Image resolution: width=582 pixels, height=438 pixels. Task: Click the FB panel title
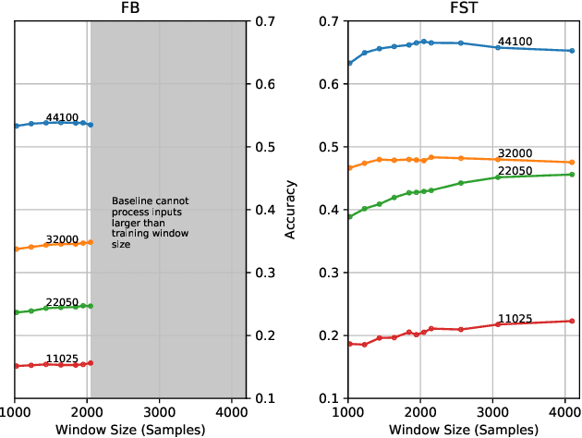point(130,7)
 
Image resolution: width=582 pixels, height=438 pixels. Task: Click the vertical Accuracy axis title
point(290,210)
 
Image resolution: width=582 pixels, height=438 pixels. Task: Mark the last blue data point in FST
point(572,51)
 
